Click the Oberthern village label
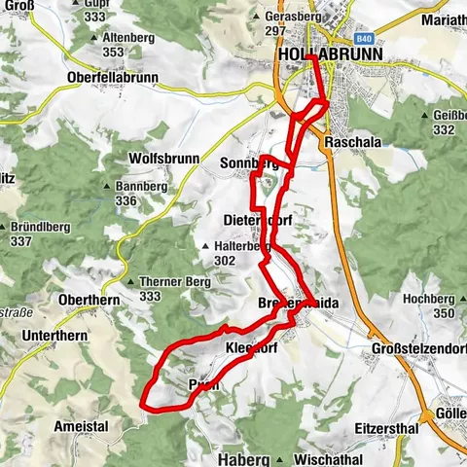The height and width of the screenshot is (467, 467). click(x=87, y=300)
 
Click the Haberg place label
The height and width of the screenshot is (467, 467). click(x=235, y=456)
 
